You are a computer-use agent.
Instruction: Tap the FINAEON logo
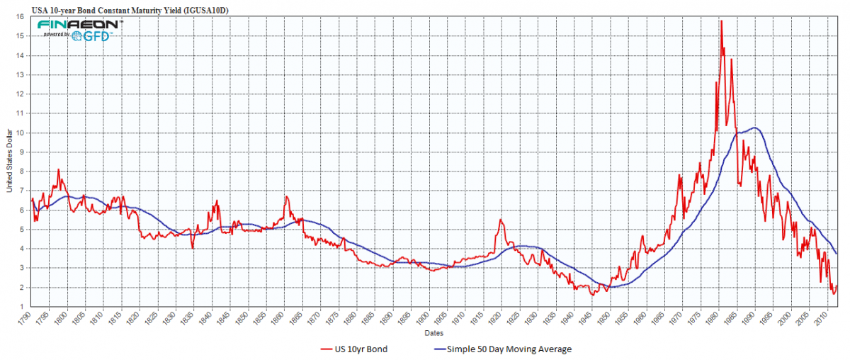click(x=80, y=24)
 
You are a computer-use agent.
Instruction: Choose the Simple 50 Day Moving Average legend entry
click(x=499, y=349)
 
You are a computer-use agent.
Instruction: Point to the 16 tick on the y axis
click(x=23, y=17)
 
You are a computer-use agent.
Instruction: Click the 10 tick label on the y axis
click(x=23, y=133)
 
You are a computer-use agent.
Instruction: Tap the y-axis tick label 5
click(x=24, y=230)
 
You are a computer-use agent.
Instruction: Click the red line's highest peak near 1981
click(x=721, y=21)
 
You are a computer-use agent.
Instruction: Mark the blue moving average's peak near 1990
click(x=755, y=128)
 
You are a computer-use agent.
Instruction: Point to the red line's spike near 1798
click(x=58, y=169)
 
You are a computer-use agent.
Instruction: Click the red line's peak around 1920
click(x=500, y=220)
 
